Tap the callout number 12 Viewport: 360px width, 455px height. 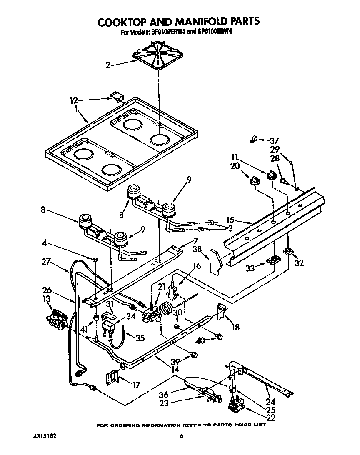(73, 100)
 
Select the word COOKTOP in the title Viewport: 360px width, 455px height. (127, 21)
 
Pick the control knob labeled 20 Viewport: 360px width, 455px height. (254, 180)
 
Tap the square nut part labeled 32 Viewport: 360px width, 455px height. (287, 251)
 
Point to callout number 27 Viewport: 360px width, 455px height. (57, 262)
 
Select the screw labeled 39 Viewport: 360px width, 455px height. (193, 355)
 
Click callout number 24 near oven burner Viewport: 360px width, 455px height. (270, 402)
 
